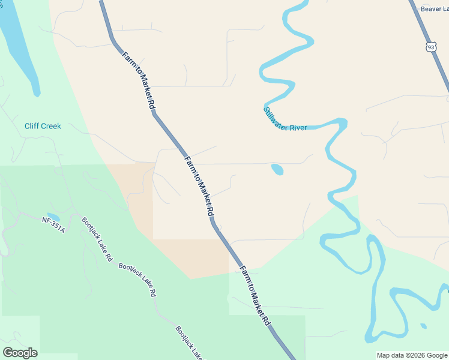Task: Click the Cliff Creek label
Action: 43,126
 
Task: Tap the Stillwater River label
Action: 285,118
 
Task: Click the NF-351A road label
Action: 53,225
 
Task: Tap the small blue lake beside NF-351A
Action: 53,217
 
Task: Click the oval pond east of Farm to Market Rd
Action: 277,170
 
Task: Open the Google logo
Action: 20,353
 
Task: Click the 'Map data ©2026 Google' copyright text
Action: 412,355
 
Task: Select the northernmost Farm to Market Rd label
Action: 140,80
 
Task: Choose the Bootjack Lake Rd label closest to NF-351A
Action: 97,239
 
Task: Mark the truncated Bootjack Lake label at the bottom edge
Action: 190,343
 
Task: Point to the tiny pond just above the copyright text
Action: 423,326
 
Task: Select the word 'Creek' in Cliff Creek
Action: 51,126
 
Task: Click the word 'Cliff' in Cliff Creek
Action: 31,126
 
